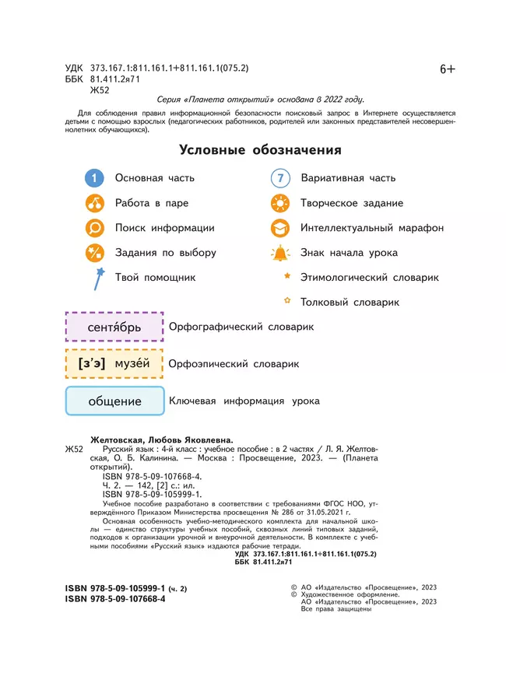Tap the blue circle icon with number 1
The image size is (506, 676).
(x=94, y=178)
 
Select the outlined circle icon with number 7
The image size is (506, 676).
(x=280, y=178)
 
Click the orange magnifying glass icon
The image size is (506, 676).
(x=94, y=228)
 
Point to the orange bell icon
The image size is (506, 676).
(x=279, y=253)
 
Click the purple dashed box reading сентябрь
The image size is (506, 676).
(x=114, y=327)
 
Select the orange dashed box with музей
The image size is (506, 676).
(x=114, y=364)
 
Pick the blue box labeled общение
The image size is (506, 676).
(x=114, y=401)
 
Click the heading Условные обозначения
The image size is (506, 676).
(x=260, y=150)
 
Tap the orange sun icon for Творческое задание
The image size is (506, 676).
(x=279, y=203)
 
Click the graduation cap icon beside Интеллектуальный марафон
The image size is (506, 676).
(x=279, y=228)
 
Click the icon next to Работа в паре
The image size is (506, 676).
(x=94, y=203)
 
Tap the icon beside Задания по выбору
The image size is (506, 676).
(x=94, y=253)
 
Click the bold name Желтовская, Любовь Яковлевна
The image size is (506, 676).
(x=162, y=439)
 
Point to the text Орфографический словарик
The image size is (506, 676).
(x=241, y=327)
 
